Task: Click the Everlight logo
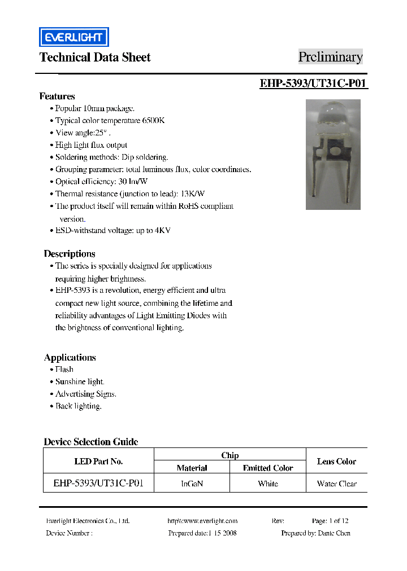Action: [x=73, y=37]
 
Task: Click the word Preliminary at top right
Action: [x=330, y=57]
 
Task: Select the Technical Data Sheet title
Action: [x=95, y=57]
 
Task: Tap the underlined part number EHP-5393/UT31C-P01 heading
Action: [x=314, y=84]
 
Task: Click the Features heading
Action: [x=57, y=96]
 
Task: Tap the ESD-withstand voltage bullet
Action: [x=112, y=231]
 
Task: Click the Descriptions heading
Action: [x=70, y=254]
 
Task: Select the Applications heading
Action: [x=70, y=358]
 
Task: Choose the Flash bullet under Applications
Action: [x=64, y=370]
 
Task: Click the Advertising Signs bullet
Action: [x=85, y=394]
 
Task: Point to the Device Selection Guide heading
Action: [x=91, y=442]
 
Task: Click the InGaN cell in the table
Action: [x=192, y=484]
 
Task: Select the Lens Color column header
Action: [x=336, y=462]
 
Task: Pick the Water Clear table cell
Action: [x=337, y=484]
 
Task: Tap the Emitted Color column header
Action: [x=268, y=468]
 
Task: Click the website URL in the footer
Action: [x=202, y=521]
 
